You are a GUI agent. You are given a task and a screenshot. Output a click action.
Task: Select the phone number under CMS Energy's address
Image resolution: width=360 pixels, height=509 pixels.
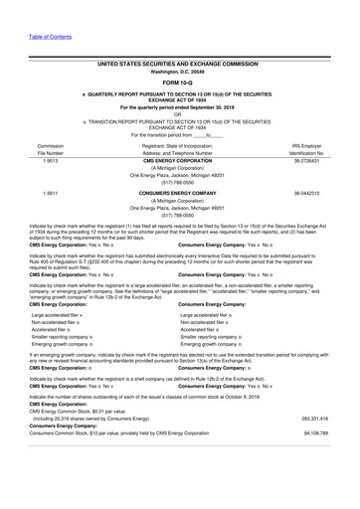(x=180, y=184)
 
